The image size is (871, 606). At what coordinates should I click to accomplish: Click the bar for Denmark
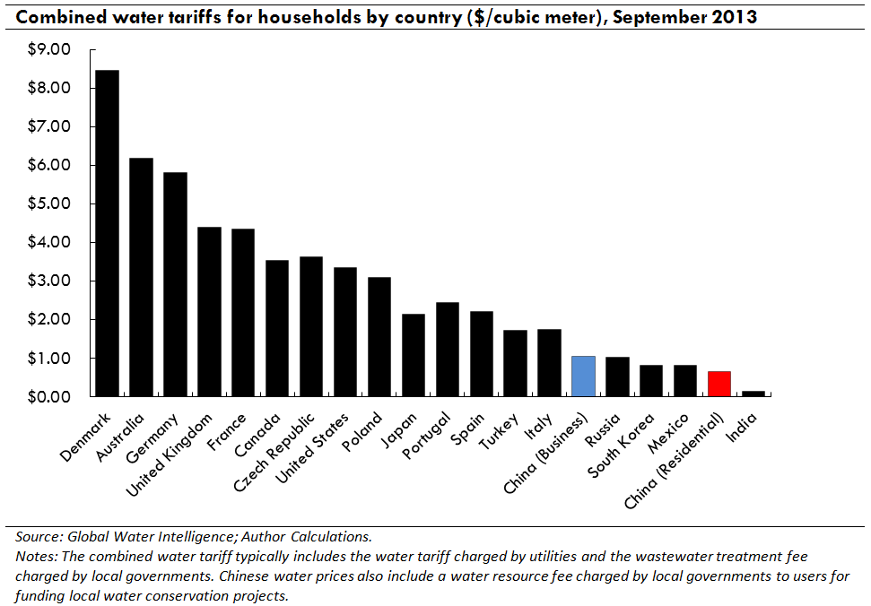coord(107,233)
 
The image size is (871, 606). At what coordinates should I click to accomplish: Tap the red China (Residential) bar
coord(719,384)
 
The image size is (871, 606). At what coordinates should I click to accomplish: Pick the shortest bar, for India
coord(753,393)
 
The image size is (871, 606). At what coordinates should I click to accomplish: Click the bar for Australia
coord(141,277)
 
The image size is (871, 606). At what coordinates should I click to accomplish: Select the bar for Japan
coord(414,355)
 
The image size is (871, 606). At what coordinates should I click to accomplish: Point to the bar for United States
coord(345,332)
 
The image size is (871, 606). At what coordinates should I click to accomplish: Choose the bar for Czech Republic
coord(311,326)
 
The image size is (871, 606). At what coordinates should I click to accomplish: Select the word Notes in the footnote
coord(35,557)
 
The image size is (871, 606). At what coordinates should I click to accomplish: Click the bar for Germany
coord(175,284)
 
